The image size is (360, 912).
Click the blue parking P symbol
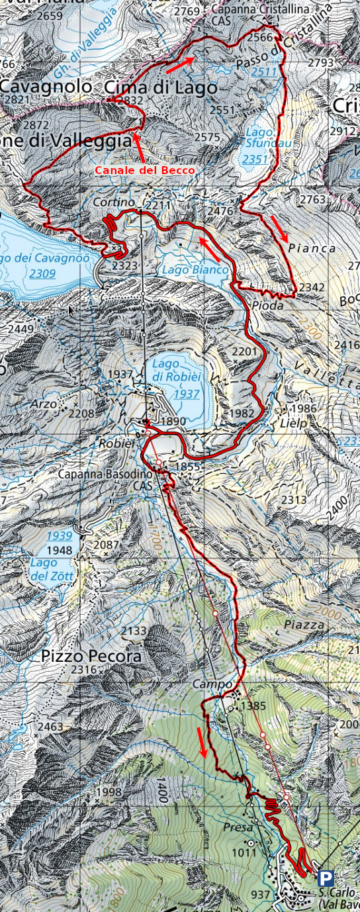[325, 878]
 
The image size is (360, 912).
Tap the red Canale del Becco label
[145, 171]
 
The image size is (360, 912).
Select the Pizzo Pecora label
[91, 657]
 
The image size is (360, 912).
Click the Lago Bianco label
[195, 270]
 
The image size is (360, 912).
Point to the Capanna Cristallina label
[259, 11]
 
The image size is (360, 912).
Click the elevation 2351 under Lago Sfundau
[255, 160]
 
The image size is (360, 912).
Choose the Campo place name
[212, 684]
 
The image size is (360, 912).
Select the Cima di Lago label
[161, 87]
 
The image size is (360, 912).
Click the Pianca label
[312, 248]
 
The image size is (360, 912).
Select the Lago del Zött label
[52, 569]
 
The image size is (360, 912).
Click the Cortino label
[114, 202]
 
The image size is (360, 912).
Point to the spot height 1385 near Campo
[253, 706]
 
